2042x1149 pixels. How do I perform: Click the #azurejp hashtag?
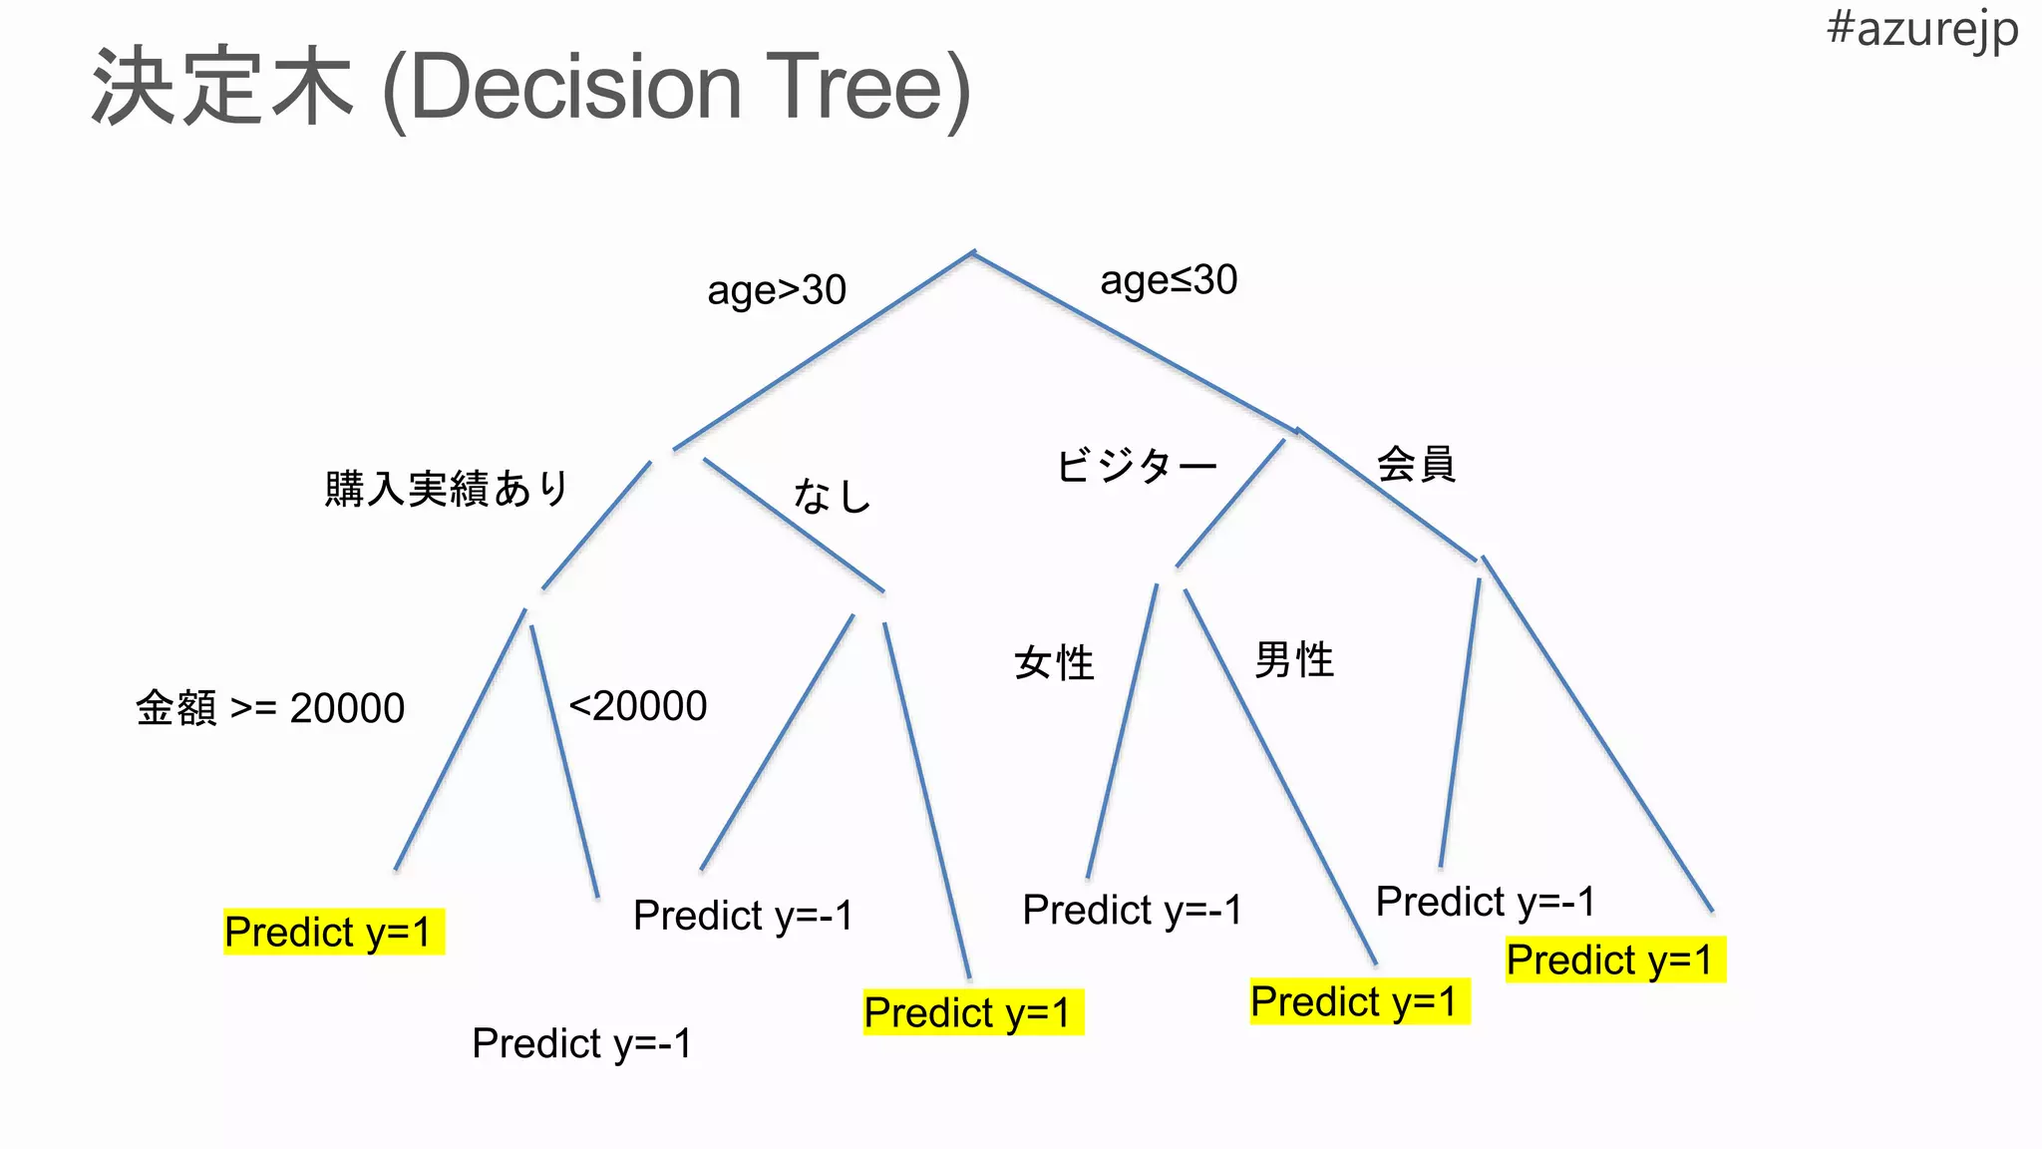pos(1921,30)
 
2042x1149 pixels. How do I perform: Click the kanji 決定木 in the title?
pos(221,88)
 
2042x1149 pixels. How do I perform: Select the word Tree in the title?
pos(867,88)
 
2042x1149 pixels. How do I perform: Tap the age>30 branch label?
pos(776,290)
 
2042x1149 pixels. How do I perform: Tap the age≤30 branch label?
pos(1169,280)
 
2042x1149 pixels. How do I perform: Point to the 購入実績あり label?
pos(446,489)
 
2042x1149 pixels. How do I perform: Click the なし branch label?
pos(832,496)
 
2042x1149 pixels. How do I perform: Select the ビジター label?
pos(1136,466)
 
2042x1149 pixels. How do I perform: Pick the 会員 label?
pos(1416,464)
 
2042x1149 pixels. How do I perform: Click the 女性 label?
pos(1054,663)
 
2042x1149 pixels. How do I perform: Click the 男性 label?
pos(1293,659)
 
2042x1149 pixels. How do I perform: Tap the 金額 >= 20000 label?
pos(270,708)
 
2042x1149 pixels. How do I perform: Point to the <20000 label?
pos(638,706)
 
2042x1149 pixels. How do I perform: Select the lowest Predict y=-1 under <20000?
pos(581,1043)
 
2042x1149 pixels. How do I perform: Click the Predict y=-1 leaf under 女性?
pos(1132,910)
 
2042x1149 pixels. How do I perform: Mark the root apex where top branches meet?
pos(973,253)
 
